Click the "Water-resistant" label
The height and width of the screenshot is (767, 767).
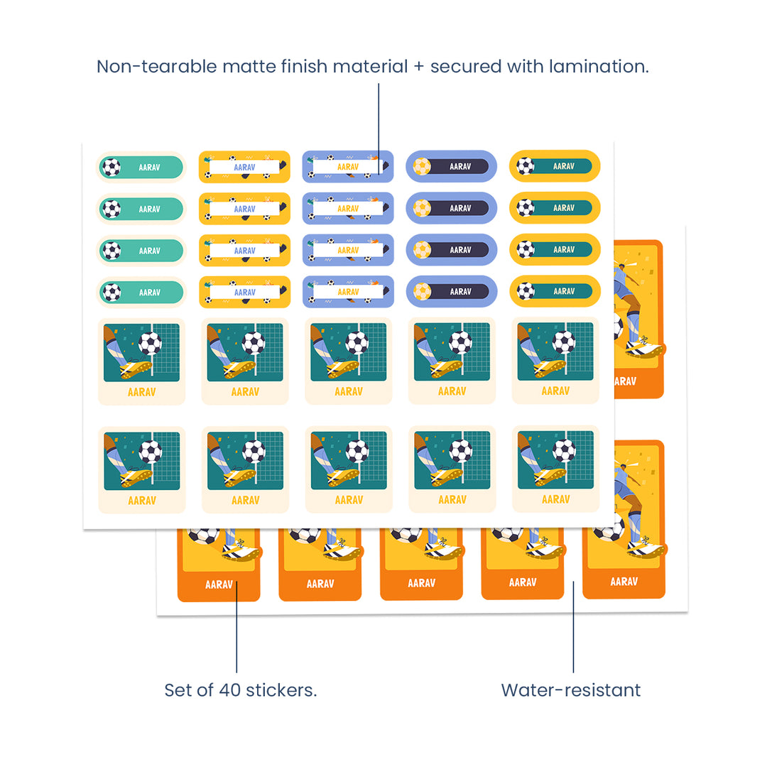(570, 690)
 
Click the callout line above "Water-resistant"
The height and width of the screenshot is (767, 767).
(573, 625)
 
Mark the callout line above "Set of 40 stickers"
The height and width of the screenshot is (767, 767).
(236, 625)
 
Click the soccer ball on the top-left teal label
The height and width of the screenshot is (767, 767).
(111, 168)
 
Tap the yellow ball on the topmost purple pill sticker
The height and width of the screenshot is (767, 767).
(422, 166)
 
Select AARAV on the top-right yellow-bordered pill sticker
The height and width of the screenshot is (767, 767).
(564, 166)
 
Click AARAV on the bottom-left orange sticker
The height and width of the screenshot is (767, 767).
(219, 584)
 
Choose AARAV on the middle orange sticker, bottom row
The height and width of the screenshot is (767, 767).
(421, 583)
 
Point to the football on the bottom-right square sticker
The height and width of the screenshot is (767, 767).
(564, 450)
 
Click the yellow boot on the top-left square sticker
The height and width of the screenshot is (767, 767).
(135, 369)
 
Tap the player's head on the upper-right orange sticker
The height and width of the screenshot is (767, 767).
(624, 271)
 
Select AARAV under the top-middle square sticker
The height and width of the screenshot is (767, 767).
(348, 391)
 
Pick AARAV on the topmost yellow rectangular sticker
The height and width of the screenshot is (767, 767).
(244, 167)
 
